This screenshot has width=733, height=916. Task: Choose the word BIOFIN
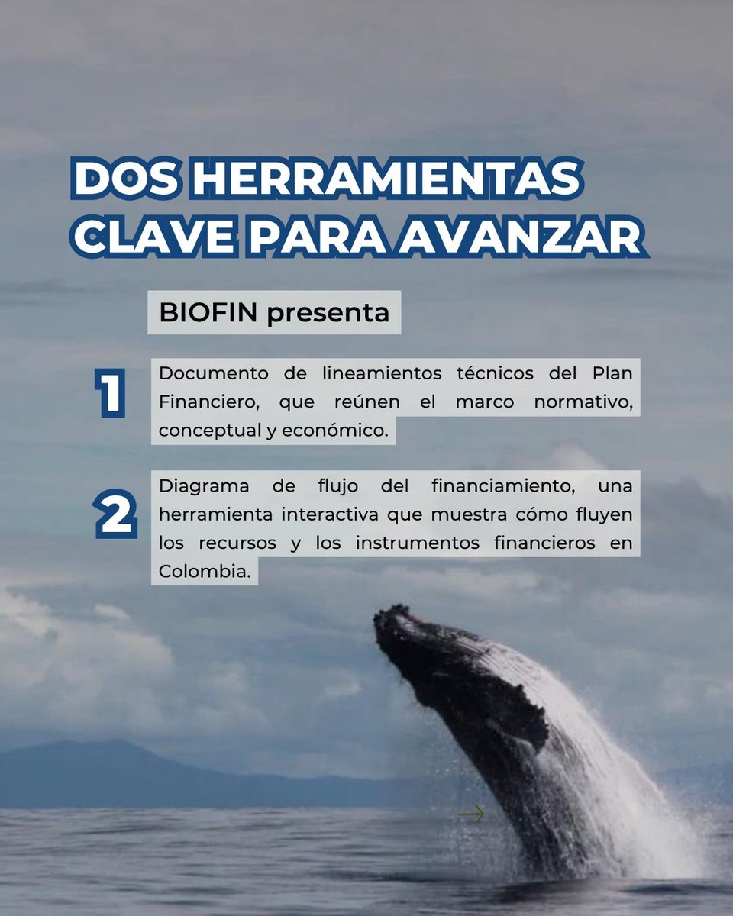[x=205, y=312]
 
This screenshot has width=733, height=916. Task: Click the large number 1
[x=111, y=395]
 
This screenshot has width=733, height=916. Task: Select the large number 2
[x=116, y=517]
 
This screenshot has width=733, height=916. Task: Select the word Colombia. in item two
[x=204, y=571]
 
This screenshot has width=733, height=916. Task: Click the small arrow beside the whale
[x=471, y=815]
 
